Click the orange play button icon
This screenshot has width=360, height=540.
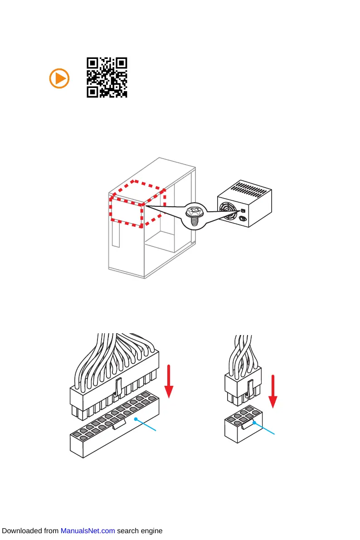[59, 78]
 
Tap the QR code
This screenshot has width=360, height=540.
[107, 78]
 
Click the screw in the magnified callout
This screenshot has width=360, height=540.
[194, 215]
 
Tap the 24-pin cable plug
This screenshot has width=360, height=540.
[113, 387]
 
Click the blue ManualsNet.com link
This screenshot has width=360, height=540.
[88, 531]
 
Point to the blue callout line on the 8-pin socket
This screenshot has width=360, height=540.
[265, 429]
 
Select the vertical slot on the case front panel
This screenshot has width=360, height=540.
[116, 235]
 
